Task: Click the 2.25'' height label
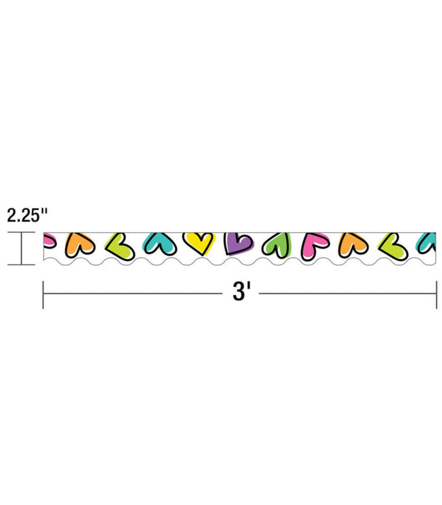point(27,215)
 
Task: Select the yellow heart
point(199,243)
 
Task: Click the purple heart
point(238,244)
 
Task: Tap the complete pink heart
point(314,245)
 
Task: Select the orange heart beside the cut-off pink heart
point(81,244)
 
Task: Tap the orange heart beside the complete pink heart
point(352,244)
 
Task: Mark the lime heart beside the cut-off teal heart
point(392,245)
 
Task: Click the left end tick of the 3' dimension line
point(43,294)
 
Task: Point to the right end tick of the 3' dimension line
point(436,294)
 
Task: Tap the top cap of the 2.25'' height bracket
point(22,234)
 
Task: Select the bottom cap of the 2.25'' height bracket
point(22,265)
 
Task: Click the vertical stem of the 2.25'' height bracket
point(22,249)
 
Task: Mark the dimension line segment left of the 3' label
point(132,294)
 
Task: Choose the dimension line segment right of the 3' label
point(347,294)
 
